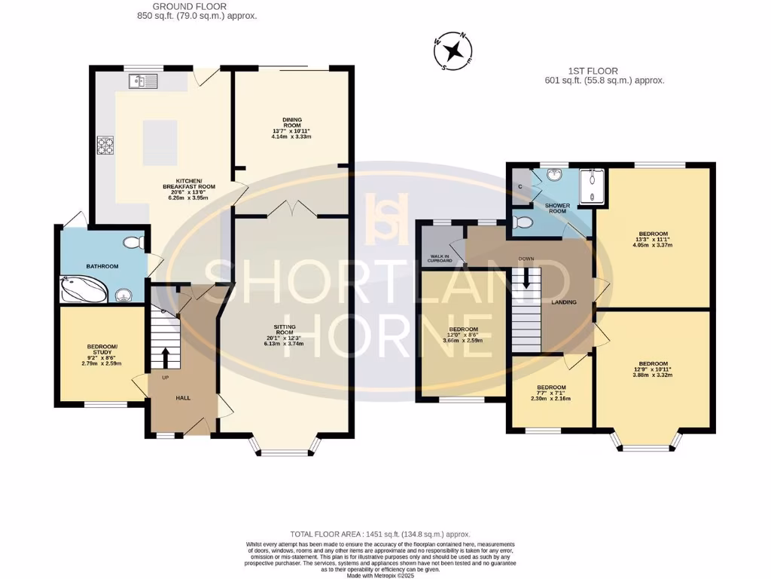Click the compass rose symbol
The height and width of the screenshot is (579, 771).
click(453, 51)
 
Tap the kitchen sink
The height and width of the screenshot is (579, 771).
click(142, 81)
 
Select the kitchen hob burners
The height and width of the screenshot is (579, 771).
click(105, 146)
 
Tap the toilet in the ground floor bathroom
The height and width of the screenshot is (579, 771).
click(134, 244)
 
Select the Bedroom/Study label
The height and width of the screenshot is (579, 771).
click(101, 355)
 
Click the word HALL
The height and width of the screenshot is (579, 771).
click(183, 397)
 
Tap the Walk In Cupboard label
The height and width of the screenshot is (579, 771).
click(441, 259)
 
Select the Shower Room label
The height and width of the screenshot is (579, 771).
click(556, 208)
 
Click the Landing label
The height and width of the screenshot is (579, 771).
click(564, 302)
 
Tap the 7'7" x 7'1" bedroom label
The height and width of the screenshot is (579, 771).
click(551, 394)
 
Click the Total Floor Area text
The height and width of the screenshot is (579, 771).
click(385, 533)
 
